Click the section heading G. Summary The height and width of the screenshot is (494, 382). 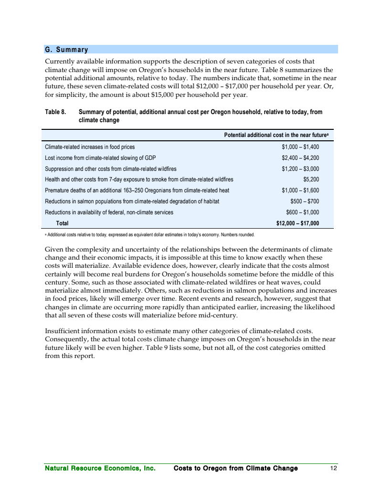66,50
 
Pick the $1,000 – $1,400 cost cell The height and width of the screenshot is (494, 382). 300,147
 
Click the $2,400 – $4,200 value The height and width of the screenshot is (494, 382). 300,158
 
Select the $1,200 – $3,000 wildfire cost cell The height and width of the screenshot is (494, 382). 300,169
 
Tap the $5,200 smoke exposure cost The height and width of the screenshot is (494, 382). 311,180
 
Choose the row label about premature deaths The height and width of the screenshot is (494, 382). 137,190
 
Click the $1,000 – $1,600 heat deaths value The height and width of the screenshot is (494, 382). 300,190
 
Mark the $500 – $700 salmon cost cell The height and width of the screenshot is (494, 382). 305,201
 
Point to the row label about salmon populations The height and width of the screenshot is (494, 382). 132,201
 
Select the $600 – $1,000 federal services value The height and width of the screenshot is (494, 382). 302,212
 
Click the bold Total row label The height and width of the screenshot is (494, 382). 63,223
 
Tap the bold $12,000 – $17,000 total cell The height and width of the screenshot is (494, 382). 297,223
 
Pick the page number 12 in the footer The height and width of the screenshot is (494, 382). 334,468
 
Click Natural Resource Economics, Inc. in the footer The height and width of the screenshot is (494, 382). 100,468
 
